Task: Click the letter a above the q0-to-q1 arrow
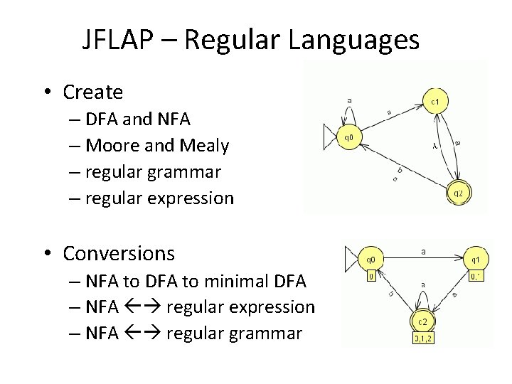[423, 250]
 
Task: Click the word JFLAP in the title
[124, 41]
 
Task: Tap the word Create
[93, 92]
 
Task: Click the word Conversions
[119, 252]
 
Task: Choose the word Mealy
[205, 146]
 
